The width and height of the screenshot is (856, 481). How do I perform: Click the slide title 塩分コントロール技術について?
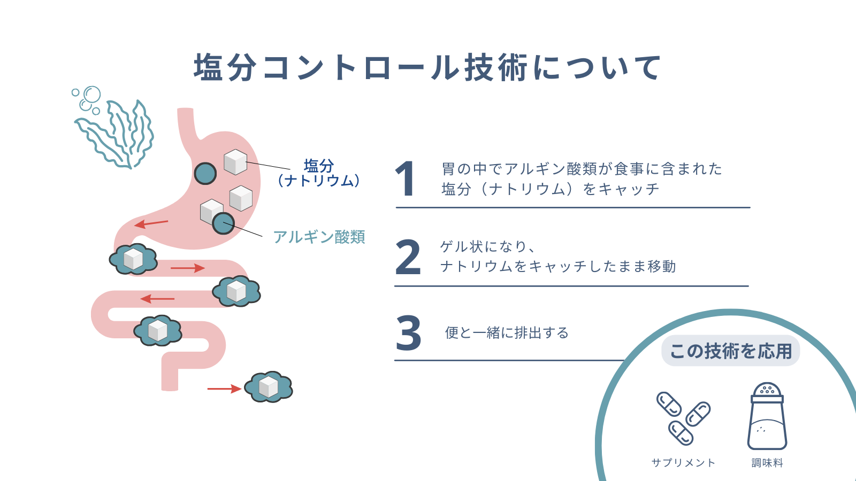click(427, 68)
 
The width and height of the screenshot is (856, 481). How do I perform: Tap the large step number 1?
click(405, 179)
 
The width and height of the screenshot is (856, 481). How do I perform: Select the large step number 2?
click(408, 257)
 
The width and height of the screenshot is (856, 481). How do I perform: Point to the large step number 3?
click(408, 332)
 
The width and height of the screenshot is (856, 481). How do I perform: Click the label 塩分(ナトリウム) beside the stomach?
click(318, 173)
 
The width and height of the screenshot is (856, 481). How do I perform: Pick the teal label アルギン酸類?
click(319, 237)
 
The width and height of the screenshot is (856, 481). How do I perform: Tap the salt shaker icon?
click(767, 416)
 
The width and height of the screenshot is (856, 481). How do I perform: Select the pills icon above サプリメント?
click(683, 419)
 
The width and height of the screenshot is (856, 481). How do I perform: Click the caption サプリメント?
click(683, 463)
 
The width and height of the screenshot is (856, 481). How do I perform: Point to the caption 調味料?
click(767, 463)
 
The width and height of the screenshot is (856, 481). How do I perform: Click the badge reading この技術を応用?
click(731, 351)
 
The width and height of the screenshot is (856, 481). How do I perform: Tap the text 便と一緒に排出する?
click(507, 333)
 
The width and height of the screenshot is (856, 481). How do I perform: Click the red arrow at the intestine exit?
click(224, 389)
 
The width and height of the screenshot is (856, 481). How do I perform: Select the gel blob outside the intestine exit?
click(269, 386)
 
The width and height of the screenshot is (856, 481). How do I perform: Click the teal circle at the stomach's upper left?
click(205, 173)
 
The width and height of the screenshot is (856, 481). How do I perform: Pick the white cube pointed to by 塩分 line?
click(235, 162)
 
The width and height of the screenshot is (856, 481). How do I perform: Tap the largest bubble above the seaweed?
click(92, 94)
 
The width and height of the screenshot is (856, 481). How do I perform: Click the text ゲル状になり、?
click(487, 246)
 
